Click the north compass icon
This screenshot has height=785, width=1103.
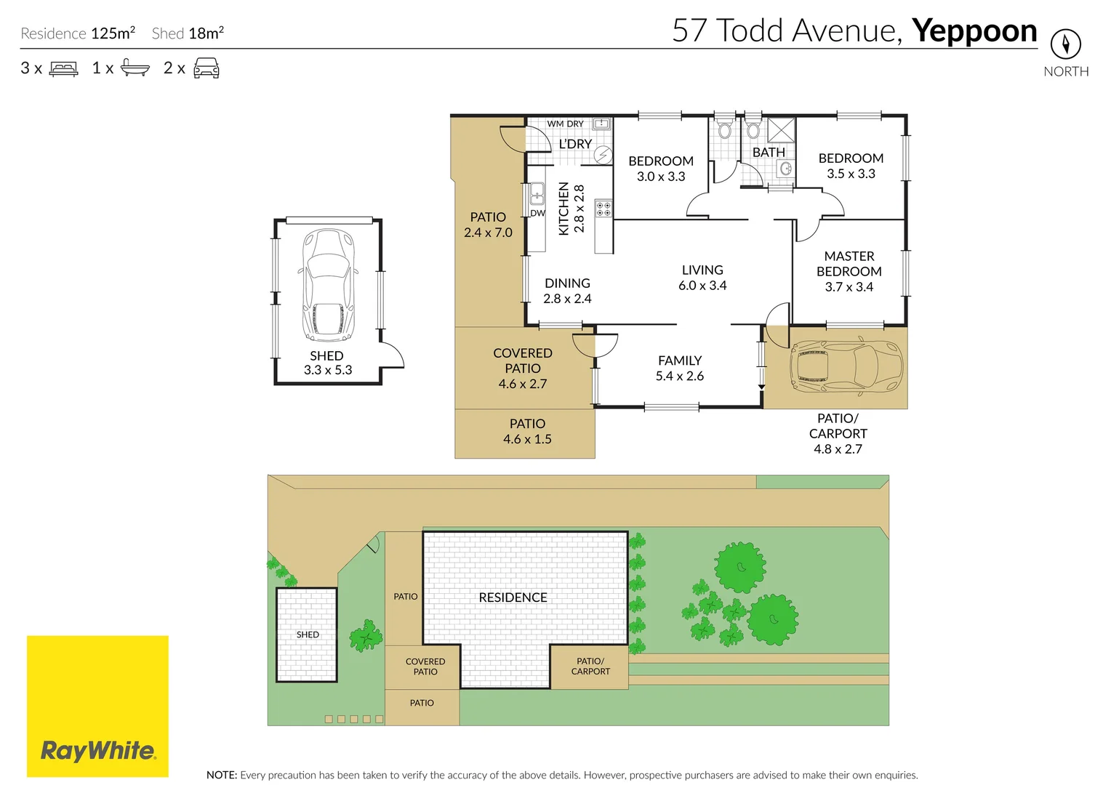(1065, 44)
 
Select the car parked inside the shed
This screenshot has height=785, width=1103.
(328, 285)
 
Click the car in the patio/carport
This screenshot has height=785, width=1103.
(846, 366)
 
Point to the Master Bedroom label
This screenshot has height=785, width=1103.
(849, 271)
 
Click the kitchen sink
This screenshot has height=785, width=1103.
(537, 194)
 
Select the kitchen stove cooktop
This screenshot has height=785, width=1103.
(603, 209)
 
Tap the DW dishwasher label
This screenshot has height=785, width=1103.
(537, 214)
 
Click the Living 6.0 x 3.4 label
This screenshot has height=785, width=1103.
(702, 278)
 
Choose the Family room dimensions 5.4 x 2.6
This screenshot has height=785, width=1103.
(679, 377)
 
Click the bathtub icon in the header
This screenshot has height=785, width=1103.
(135, 68)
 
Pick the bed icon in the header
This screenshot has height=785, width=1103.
(63, 69)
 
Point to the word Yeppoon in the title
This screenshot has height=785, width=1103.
(974, 31)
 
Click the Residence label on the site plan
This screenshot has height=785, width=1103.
(513, 597)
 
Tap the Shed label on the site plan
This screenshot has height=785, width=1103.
(308, 635)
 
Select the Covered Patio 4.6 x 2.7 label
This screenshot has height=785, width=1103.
(522, 369)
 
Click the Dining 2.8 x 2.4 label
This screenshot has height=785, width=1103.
(567, 291)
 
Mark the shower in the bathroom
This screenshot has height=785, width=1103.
(782, 130)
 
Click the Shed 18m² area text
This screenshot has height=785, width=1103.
(188, 33)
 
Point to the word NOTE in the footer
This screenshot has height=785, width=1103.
(221, 775)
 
